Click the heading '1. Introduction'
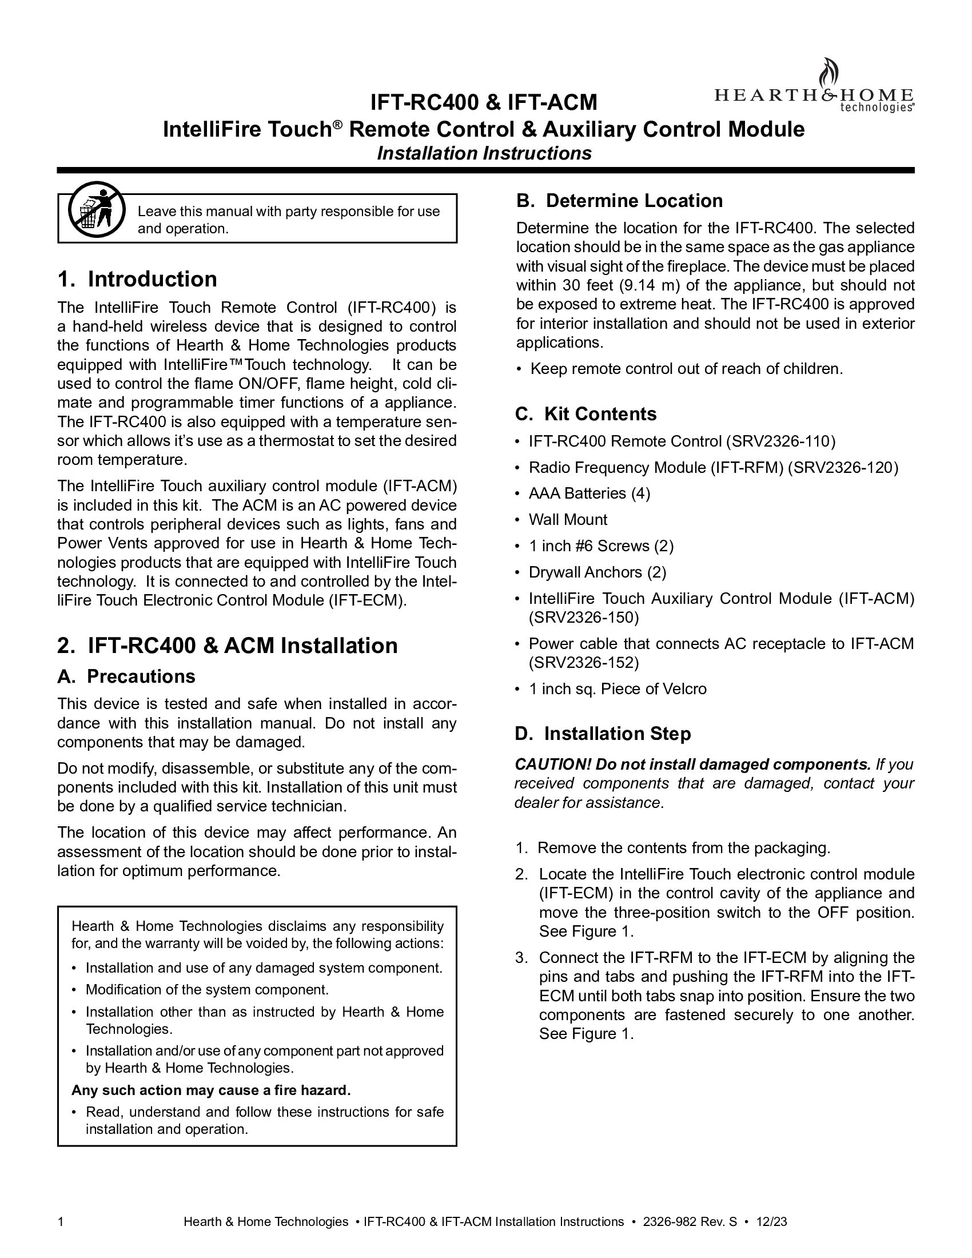click(138, 280)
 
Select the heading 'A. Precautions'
click(127, 676)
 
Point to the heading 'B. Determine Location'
click(620, 201)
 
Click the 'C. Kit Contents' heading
click(585, 414)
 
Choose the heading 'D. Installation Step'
click(603, 734)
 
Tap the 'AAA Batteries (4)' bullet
click(589, 493)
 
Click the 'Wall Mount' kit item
click(568, 520)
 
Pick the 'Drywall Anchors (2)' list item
click(597, 572)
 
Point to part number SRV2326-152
click(584, 663)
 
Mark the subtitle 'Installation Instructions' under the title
click(484, 154)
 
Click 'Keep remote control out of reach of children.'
click(686, 369)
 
